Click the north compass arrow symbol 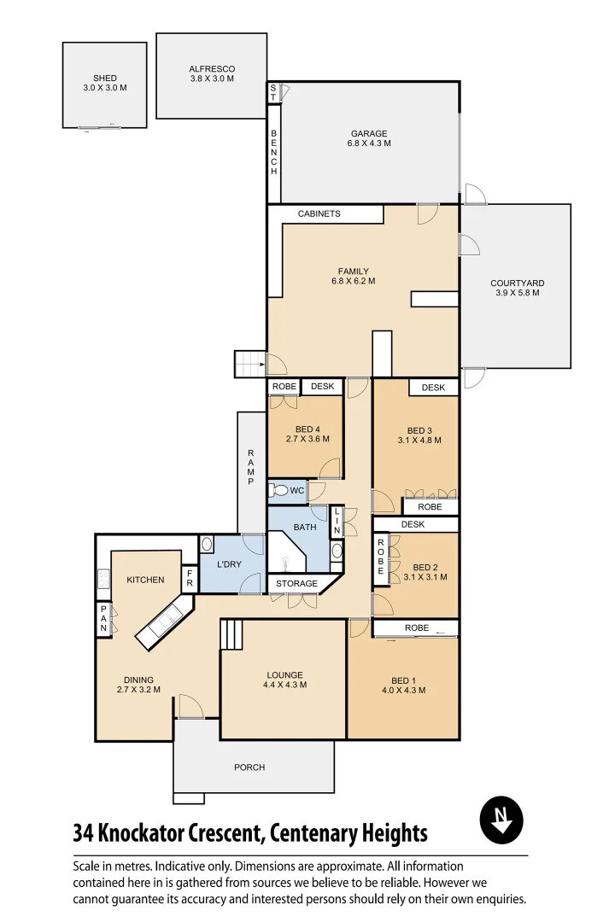[x=501, y=820]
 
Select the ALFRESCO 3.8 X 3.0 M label [x=212, y=73]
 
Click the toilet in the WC [x=278, y=491]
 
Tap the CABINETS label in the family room [x=319, y=213]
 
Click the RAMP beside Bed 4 [x=251, y=467]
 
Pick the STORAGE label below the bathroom [x=296, y=584]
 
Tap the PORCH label [x=249, y=767]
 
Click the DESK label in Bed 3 [x=433, y=388]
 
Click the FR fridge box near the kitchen [x=189, y=579]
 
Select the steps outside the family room [x=250, y=364]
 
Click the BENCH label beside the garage [x=274, y=153]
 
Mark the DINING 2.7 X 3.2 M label [x=138, y=685]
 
